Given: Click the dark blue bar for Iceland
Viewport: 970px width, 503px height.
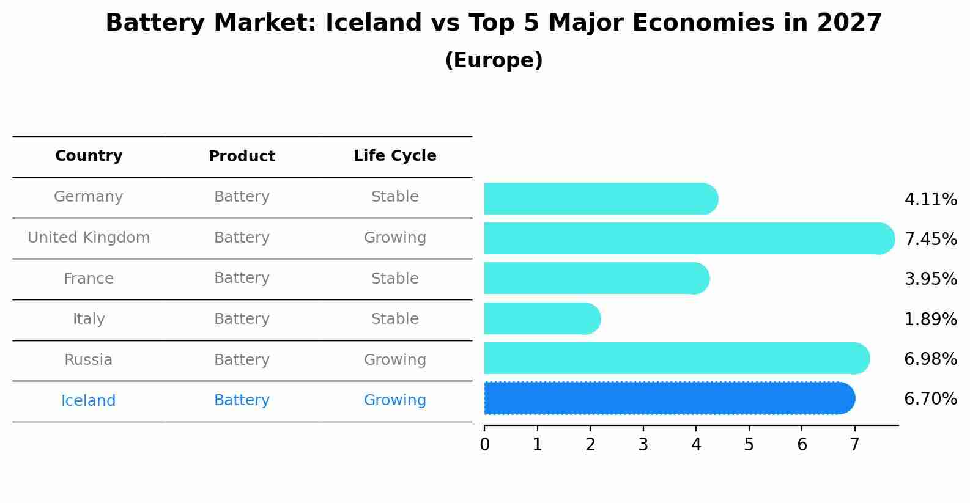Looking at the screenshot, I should pos(669,398).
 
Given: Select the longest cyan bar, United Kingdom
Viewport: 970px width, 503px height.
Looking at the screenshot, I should pos(689,238).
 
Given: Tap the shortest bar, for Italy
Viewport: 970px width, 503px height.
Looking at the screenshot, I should pos(542,318).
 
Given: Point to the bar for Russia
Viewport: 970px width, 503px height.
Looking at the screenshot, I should pos(676,358).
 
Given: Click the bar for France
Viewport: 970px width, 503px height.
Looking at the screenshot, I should pos(596,278).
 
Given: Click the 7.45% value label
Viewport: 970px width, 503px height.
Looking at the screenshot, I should pos(930,239).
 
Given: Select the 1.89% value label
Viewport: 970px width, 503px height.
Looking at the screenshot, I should pos(930,319).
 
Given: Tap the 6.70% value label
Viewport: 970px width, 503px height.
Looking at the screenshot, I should pos(930,399).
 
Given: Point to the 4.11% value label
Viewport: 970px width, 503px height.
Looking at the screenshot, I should pos(930,200).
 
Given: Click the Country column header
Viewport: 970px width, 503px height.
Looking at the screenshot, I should pos(89,156).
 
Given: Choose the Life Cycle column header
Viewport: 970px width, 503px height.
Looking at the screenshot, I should pos(394,156).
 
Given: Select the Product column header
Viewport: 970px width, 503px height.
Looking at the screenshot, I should pos(242,156).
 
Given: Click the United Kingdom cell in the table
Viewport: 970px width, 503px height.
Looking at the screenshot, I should pos(89,238).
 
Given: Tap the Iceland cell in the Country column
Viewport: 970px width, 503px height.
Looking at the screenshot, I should pos(89,401).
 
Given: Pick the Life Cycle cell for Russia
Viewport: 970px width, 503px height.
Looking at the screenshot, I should pos(394,360).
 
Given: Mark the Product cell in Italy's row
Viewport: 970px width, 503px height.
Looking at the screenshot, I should pos(242,319).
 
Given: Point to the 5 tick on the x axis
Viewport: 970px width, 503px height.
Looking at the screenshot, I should pos(749,444).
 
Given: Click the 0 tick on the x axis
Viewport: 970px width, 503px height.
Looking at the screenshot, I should pos(484,444).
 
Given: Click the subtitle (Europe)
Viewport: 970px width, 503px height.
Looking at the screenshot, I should pos(494,61).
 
